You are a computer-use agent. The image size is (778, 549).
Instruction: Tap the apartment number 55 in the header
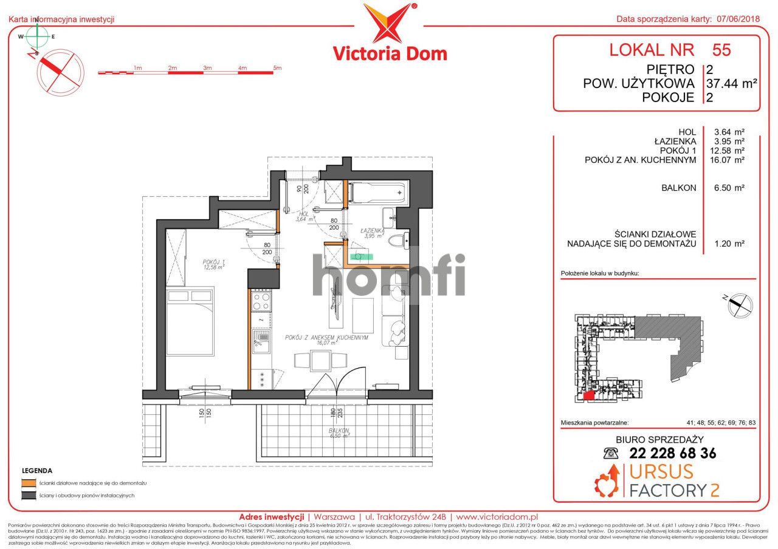pos(721,50)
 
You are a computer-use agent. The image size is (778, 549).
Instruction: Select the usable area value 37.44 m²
pos(731,83)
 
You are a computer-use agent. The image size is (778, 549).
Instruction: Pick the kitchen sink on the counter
pos(262,341)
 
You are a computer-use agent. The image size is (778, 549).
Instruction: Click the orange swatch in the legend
pos(27,483)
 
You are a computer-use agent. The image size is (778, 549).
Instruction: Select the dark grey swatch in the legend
pos(27,496)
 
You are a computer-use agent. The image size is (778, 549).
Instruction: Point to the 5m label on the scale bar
pos(277,68)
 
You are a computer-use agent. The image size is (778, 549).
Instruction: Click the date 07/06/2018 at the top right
pos(736,19)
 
